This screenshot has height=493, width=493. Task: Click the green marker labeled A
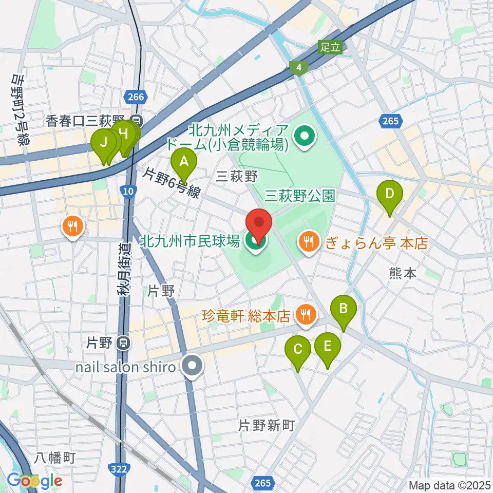(x=183, y=163)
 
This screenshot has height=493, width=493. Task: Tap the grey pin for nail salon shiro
(x=193, y=366)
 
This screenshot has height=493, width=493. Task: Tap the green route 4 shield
(x=297, y=67)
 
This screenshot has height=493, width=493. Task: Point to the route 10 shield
(x=128, y=191)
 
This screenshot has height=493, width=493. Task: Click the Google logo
(x=34, y=480)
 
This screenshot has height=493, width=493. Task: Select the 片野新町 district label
(x=266, y=425)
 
